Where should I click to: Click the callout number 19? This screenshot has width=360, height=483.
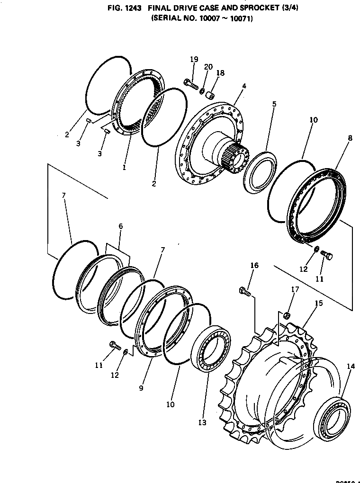click(x=194, y=59)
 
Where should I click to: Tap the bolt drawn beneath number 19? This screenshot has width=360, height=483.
click(x=190, y=84)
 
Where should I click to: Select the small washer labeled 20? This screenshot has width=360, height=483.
click(x=202, y=90)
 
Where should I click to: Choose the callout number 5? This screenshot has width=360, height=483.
click(x=274, y=104)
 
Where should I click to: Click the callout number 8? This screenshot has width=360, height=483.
click(x=350, y=138)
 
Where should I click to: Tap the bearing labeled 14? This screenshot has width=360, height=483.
click(x=334, y=418)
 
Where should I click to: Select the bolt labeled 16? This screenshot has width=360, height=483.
click(x=245, y=292)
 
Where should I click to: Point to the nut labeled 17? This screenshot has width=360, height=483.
click(x=287, y=315)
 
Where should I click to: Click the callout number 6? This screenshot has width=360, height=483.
click(x=120, y=227)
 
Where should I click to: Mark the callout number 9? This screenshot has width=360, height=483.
click(x=141, y=388)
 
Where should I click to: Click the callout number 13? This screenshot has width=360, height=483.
click(x=202, y=422)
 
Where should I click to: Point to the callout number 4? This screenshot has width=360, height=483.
click(x=244, y=86)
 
